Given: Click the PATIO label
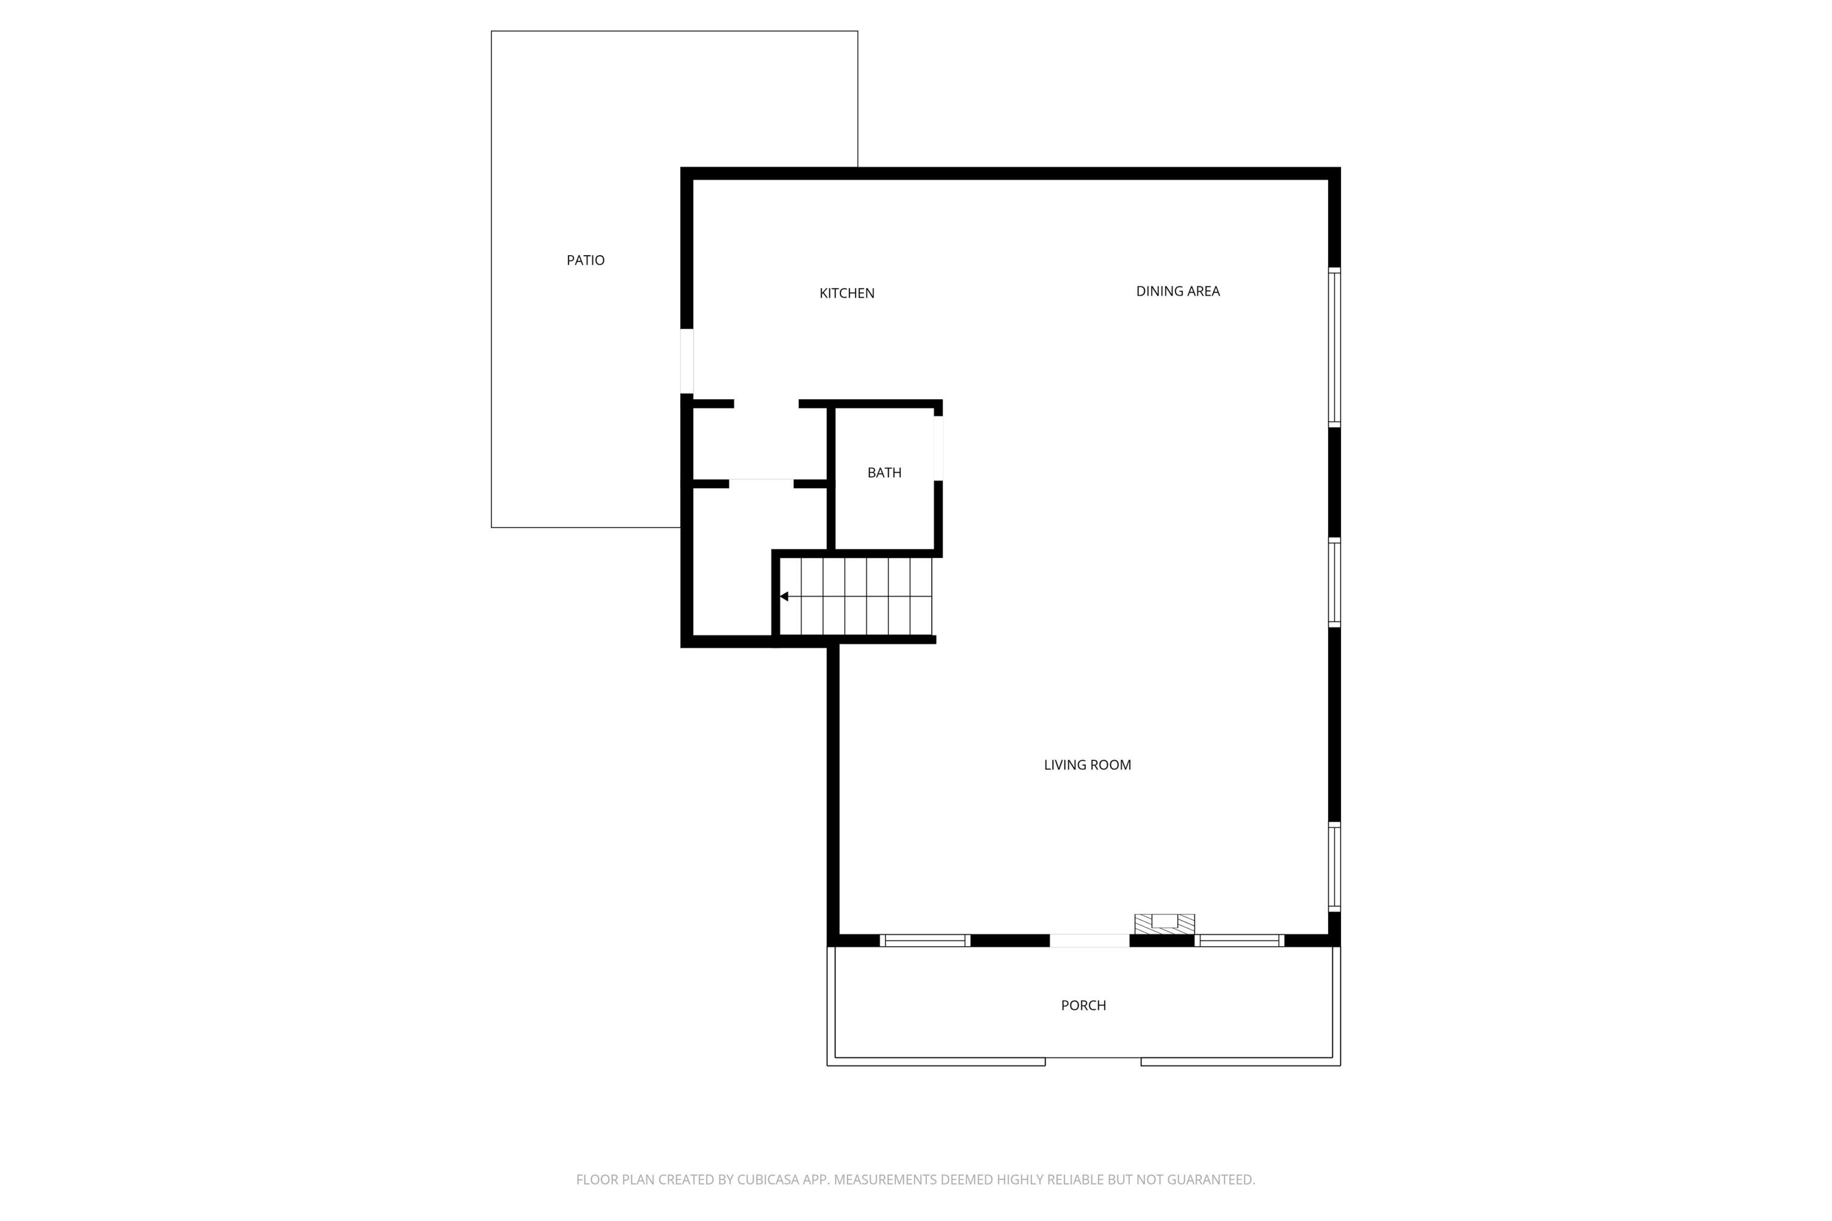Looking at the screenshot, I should click(x=585, y=260).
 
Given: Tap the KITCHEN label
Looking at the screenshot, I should click(x=846, y=294).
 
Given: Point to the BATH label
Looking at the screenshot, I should click(x=884, y=473).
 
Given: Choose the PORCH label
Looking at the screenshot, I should click(x=1083, y=1005).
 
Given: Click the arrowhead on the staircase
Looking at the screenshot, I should click(x=784, y=596).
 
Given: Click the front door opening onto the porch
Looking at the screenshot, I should click(x=1088, y=941).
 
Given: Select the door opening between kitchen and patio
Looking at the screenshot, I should click(x=687, y=361).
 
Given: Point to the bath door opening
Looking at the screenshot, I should click(x=938, y=447).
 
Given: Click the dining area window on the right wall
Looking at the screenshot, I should click(x=1334, y=347).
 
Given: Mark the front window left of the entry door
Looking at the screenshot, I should click(x=925, y=941).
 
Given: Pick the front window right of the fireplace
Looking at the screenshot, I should click(x=1238, y=941).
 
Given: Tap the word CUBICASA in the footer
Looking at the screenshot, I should click(x=769, y=1179).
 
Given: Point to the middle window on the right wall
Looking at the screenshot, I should click(x=1334, y=582).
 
